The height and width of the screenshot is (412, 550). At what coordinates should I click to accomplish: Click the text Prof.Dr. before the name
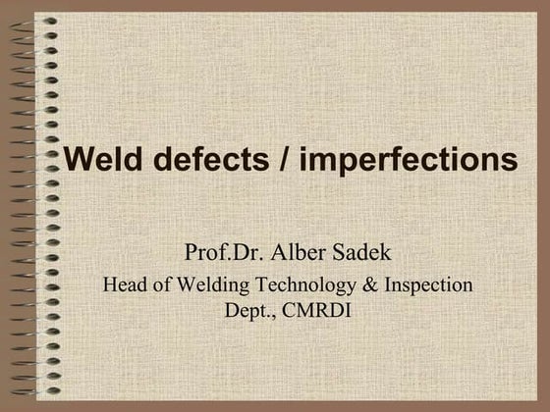[x=219, y=253]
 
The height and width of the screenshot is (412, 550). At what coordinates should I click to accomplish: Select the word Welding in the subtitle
[x=204, y=286]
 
